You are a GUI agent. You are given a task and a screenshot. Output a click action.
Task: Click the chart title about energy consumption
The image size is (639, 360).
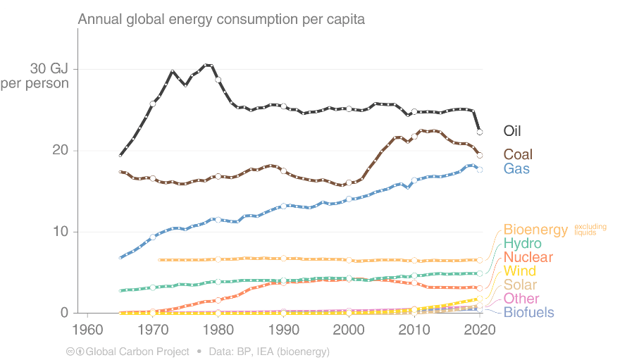(x=221, y=19)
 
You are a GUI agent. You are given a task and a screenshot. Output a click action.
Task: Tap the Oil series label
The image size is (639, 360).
(x=512, y=131)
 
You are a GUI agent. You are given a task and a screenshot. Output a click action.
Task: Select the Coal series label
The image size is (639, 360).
(x=518, y=154)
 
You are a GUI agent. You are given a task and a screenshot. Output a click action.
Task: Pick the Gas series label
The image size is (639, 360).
(x=516, y=169)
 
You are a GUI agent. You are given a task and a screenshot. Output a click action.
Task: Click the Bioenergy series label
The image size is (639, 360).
(x=535, y=230)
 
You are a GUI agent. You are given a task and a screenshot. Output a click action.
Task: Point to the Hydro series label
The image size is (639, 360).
(x=523, y=244)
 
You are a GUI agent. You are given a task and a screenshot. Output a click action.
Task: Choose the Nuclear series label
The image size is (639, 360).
(x=528, y=258)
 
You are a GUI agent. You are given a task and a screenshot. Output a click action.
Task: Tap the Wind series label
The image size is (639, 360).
(x=519, y=271)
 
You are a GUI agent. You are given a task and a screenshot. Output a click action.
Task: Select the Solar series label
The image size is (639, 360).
(x=520, y=285)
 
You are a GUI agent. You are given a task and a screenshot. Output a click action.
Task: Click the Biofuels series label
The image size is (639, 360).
(x=528, y=313)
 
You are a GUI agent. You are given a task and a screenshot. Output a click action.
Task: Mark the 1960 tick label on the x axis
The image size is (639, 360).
(x=87, y=330)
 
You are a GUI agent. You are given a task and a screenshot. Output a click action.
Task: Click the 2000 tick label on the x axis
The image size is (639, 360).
(x=349, y=330)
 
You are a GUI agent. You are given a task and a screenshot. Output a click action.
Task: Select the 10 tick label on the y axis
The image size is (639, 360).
(x=60, y=232)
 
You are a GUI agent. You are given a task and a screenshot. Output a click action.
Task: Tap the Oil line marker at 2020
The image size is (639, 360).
(x=480, y=132)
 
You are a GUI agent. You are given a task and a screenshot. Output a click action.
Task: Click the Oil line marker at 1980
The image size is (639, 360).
(x=218, y=80)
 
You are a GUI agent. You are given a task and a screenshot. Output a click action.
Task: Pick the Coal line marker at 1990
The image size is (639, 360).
(x=283, y=171)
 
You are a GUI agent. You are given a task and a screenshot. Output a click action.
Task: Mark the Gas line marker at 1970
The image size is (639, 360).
(x=153, y=237)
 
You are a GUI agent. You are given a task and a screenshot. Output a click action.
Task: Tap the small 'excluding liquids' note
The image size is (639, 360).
(x=590, y=230)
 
